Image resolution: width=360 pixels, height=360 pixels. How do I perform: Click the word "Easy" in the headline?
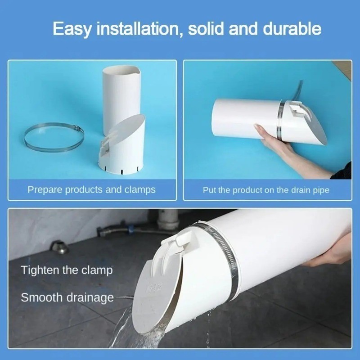click(72, 29)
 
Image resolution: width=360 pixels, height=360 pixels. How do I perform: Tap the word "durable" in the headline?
click(292, 28)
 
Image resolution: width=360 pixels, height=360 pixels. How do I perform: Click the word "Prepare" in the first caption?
click(45, 190)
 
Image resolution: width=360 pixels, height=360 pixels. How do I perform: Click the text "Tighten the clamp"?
click(67, 270)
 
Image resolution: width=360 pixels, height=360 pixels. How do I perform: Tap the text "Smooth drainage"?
click(67, 297)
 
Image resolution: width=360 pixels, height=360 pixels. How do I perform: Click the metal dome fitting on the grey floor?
click(60, 247)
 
